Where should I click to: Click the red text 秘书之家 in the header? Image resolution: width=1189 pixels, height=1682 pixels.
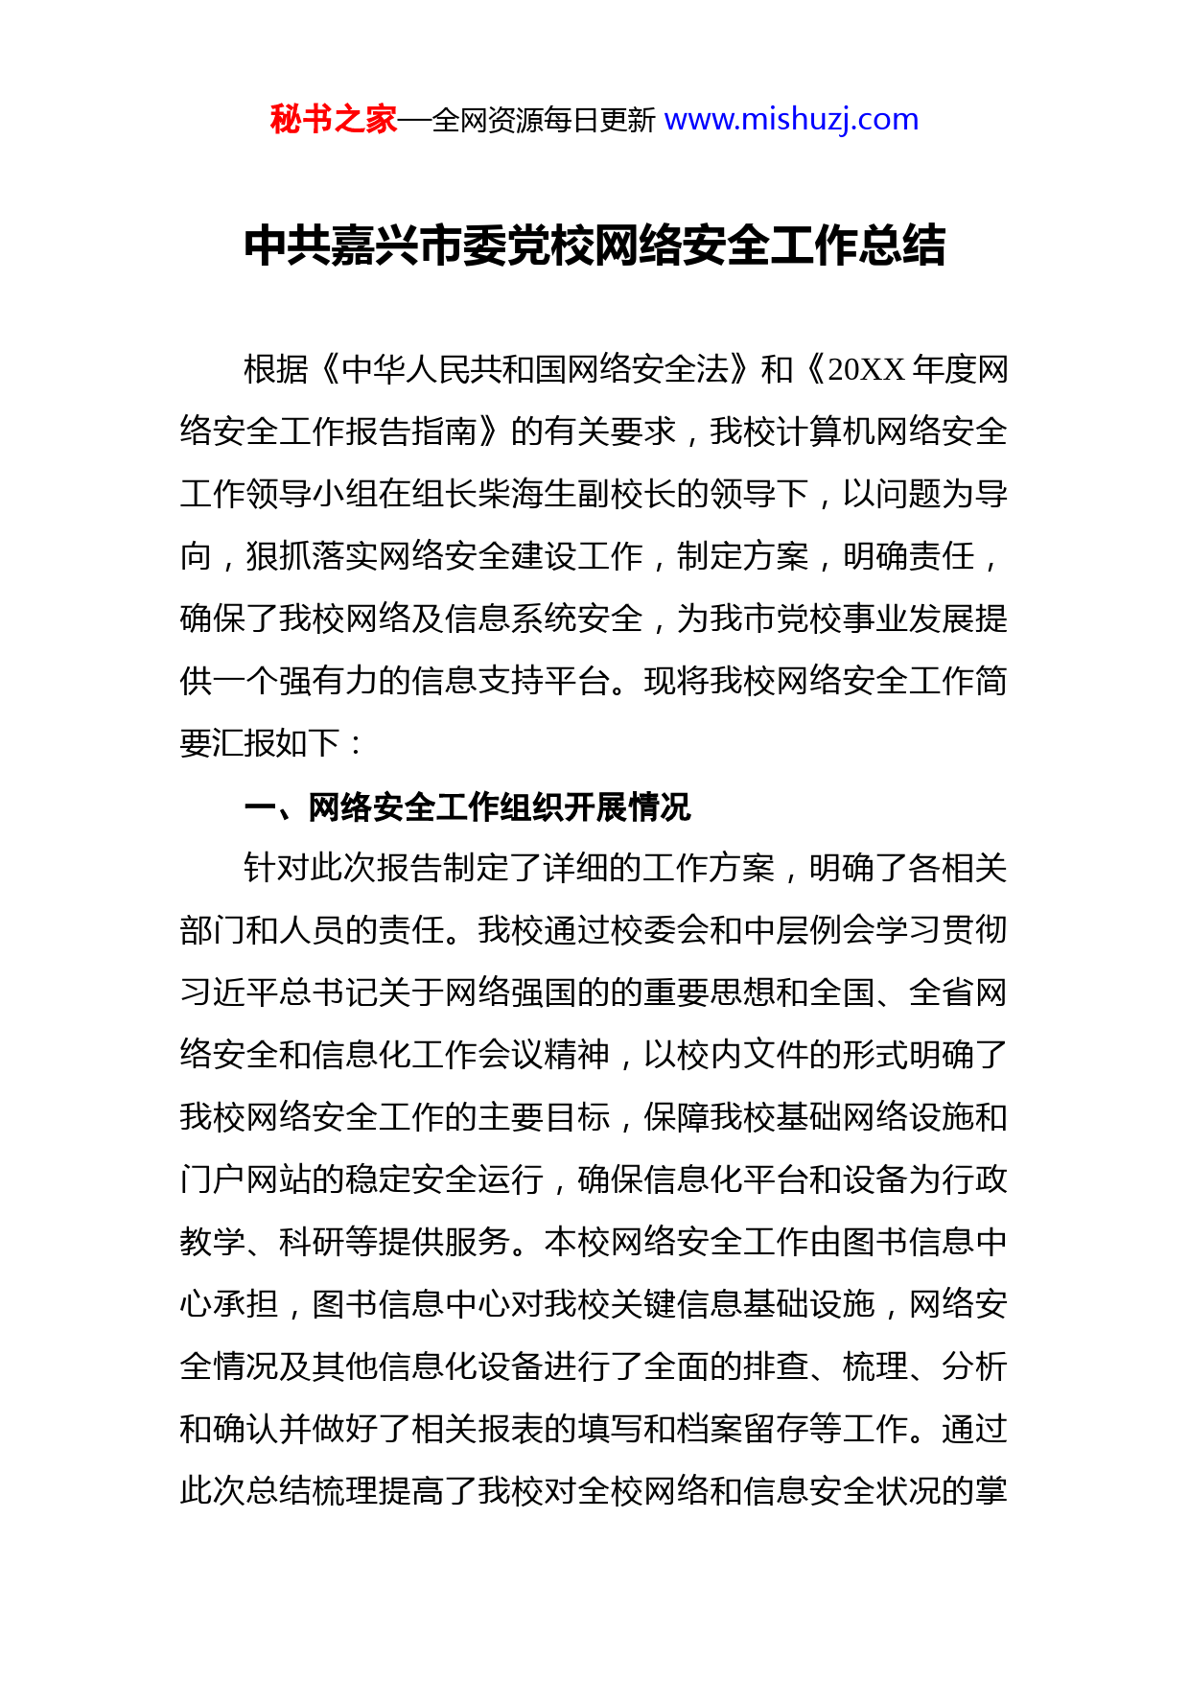pyautogui.click(x=333, y=120)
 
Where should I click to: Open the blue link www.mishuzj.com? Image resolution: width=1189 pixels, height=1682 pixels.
pyautogui.click(x=791, y=120)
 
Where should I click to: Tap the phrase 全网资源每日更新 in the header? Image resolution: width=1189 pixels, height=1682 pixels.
pyautogui.click(x=544, y=121)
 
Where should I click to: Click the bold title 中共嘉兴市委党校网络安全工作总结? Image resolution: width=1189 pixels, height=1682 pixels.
pyautogui.click(x=594, y=245)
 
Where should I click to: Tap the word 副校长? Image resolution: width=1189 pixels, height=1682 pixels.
pyautogui.click(x=627, y=494)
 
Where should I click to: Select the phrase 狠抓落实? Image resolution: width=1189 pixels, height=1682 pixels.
pyautogui.click(x=312, y=556)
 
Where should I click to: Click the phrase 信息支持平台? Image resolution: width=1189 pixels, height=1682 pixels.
pyautogui.click(x=511, y=681)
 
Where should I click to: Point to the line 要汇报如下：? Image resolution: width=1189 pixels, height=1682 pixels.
pyautogui.click(x=272, y=743)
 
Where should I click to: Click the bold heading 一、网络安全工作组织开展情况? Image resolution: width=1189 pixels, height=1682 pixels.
pyautogui.click(x=467, y=807)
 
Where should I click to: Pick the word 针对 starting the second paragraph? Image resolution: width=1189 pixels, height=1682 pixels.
pyautogui.click(x=277, y=868)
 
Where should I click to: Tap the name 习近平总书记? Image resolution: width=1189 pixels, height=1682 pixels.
pyautogui.click(x=279, y=993)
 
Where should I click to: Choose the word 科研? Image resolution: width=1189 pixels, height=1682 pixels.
pyautogui.click(x=312, y=1242)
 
